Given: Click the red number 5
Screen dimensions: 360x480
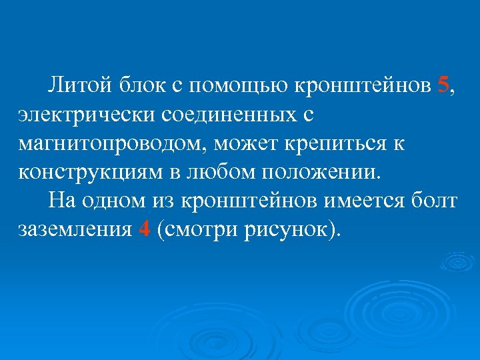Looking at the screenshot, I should [445, 86].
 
